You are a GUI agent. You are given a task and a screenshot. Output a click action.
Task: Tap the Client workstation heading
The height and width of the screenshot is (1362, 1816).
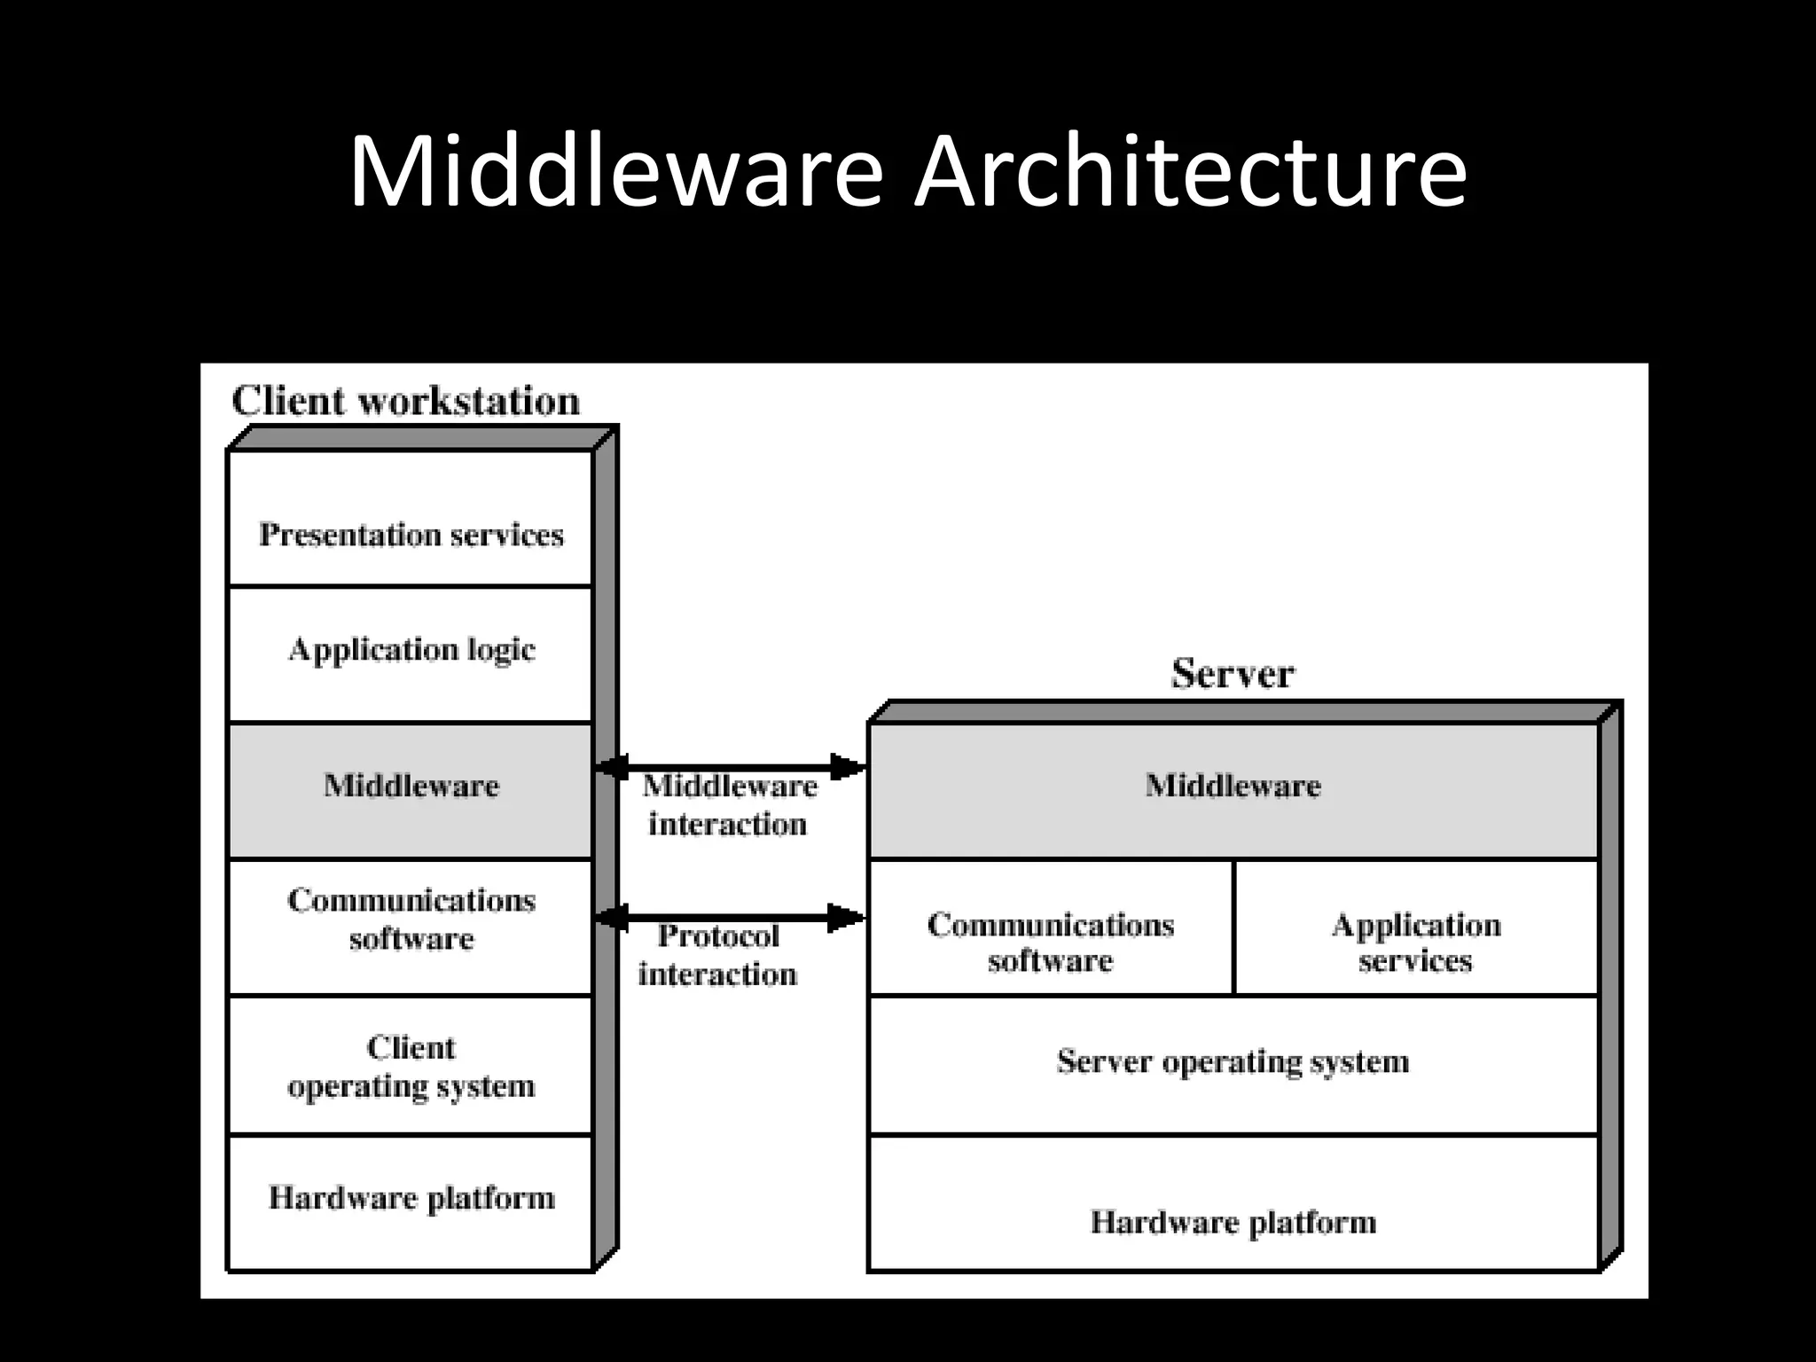tap(405, 401)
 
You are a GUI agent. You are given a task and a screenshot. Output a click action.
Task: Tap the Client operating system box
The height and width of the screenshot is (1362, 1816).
tap(411, 1065)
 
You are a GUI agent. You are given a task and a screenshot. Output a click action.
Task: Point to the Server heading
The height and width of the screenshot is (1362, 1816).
tap(1233, 674)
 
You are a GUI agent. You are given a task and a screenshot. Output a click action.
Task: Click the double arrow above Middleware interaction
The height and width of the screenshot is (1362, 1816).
tap(730, 766)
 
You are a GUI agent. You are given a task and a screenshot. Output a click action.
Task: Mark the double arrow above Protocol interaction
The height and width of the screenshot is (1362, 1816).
tap(730, 917)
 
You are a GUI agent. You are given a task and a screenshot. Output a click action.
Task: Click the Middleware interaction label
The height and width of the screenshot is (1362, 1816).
tap(727, 804)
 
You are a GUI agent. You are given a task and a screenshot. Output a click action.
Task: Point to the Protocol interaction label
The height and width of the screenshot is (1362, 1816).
tap(717, 955)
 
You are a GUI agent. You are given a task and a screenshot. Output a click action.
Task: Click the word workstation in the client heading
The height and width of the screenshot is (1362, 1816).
tap(468, 401)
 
